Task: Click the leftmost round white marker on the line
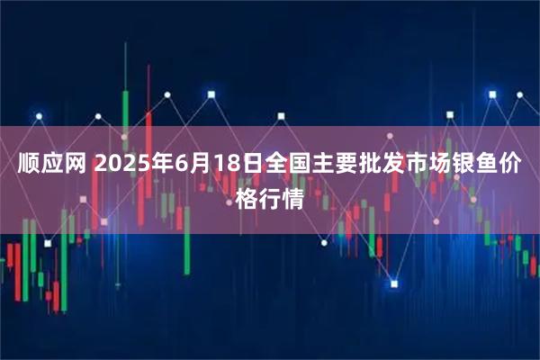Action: [x=39, y=115]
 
